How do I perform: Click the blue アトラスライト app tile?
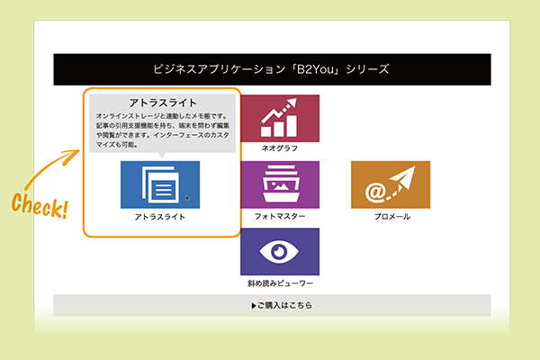[x=160, y=184]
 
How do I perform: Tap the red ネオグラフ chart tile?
[x=280, y=118]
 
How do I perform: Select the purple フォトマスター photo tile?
[x=280, y=184]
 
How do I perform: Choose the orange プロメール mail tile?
[x=391, y=184]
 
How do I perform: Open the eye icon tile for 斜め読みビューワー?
[x=280, y=251]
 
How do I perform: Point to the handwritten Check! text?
[x=40, y=206]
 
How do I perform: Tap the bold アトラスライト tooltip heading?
[x=163, y=103]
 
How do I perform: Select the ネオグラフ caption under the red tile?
[x=280, y=148]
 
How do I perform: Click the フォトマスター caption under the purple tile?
[x=280, y=216]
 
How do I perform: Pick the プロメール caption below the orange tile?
[x=392, y=217]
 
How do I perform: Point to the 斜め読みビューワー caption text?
[x=280, y=283]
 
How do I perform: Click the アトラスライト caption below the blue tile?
[x=160, y=217]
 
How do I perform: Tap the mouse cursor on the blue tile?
[x=187, y=198]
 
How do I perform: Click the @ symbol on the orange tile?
[x=374, y=192]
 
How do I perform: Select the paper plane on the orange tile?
[x=403, y=177]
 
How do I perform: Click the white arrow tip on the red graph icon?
[x=292, y=103]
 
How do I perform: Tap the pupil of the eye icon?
[x=279, y=251]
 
